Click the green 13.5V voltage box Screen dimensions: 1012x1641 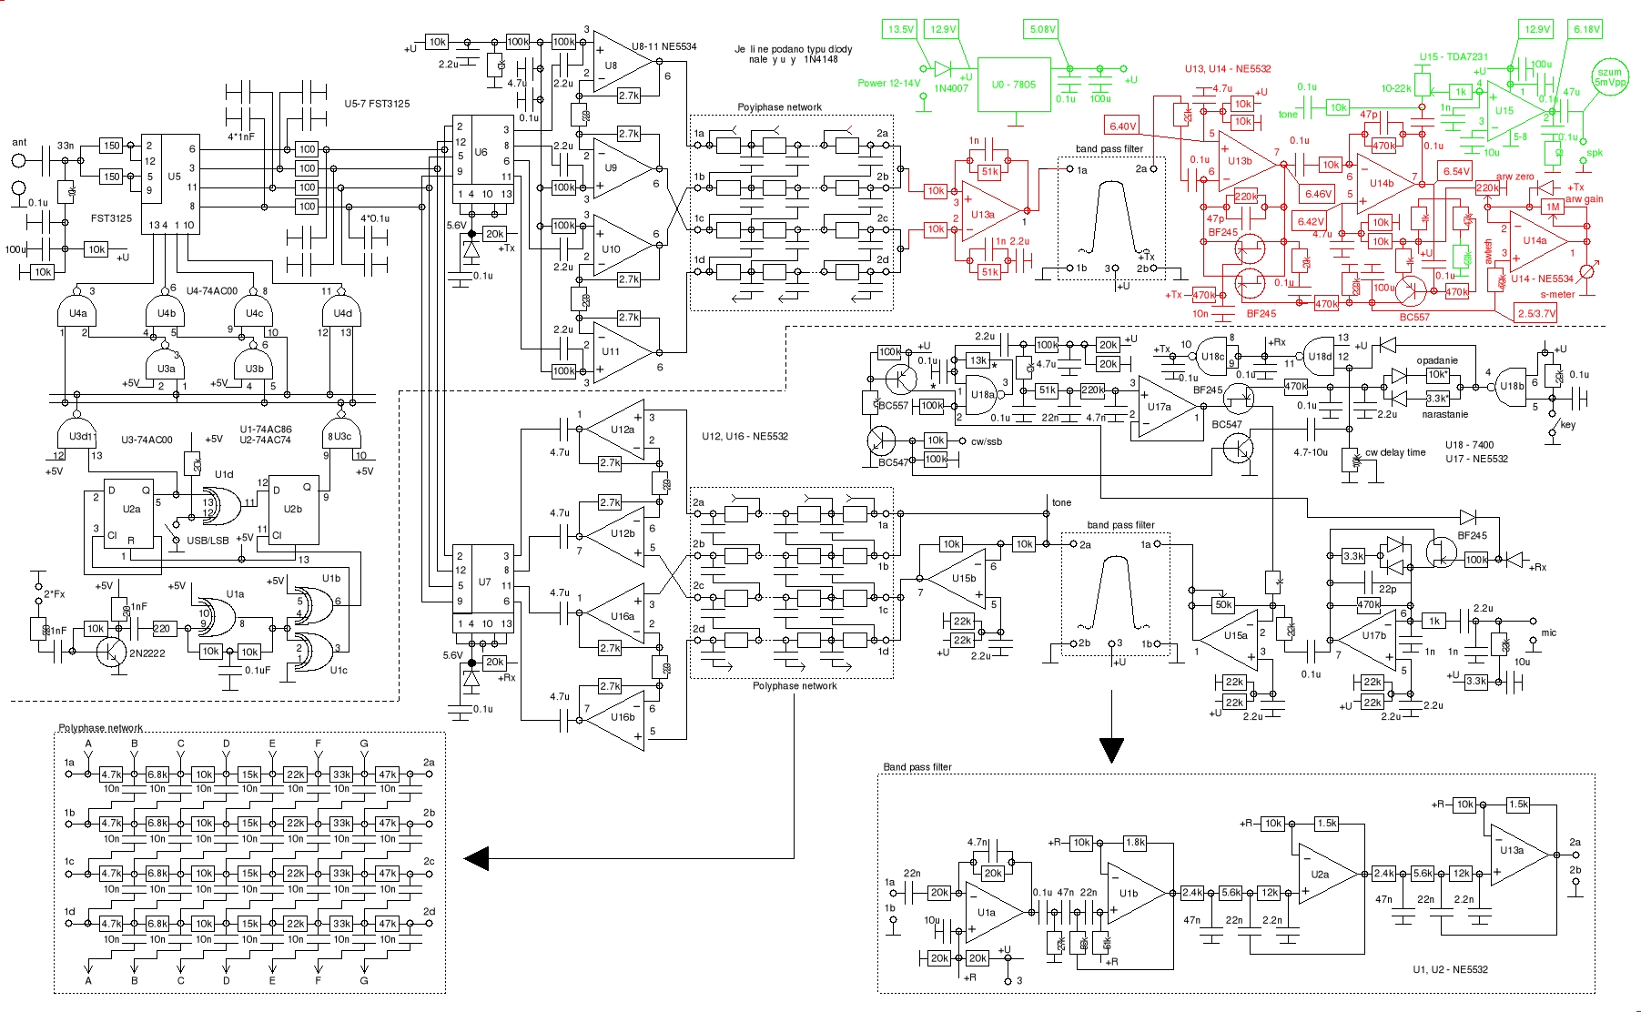pyautogui.click(x=900, y=29)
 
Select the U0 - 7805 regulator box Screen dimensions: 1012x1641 pyautogui.click(x=1014, y=85)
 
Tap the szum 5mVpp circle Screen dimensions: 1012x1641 pyautogui.click(x=1609, y=77)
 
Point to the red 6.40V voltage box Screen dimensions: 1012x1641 pyautogui.click(x=1122, y=126)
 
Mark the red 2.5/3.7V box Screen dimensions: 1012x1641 pyautogui.click(x=1536, y=313)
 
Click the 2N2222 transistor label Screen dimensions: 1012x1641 pyautogui.click(x=147, y=653)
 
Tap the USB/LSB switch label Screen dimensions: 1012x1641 pyautogui.click(x=208, y=541)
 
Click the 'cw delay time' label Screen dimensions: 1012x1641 pyautogui.click(x=1395, y=452)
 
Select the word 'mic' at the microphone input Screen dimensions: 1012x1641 pyautogui.click(x=1548, y=632)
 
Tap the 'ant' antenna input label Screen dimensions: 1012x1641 pyautogui.click(x=19, y=142)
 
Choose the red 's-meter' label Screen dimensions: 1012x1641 pyautogui.click(x=1557, y=294)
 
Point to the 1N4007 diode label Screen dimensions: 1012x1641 pyautogui.click(x=951, y=88)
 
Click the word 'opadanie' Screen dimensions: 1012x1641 pyautogui.click(x=1436, y=360)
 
